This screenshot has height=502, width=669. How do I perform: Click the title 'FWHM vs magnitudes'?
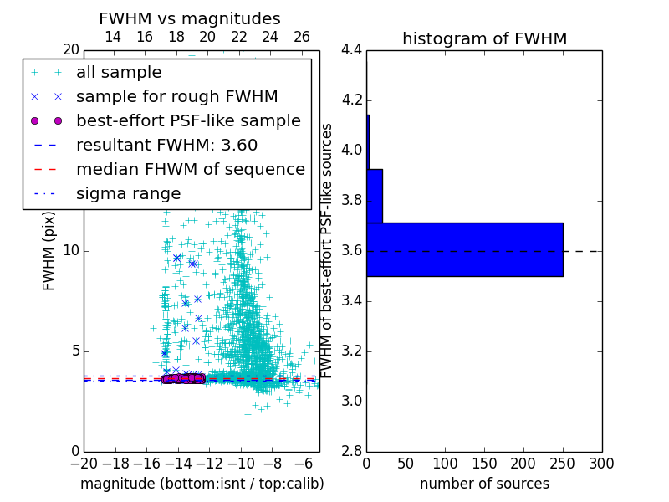[x=190, y=18]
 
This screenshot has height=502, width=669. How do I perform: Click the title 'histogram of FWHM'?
[x=484, y=38]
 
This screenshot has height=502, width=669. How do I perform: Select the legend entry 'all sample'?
[x=119, y=73]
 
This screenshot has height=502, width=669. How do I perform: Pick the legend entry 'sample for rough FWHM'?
[x=176, y=97]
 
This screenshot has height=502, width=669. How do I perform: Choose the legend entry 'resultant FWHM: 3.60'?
[x=166, y=146]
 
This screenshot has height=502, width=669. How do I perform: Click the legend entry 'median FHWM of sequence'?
[x=190, y=170]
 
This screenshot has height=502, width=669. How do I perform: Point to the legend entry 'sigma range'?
[x=128, y=194]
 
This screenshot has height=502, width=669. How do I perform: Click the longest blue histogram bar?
[x=464, y=249]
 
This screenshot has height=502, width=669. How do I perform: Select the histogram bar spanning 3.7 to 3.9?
[x=375, y=196]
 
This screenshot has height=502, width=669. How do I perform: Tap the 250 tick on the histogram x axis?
[x=563, y=463]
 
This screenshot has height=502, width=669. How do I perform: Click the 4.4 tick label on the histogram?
[x=351, y=50]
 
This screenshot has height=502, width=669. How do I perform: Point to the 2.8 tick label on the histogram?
[x=351, y=451]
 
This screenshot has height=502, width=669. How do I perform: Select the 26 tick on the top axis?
[x=302, y=38]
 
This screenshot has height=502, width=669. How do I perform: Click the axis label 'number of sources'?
[x=484, y=484]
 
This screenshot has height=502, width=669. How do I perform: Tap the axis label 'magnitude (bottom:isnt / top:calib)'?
[x=202, y=484]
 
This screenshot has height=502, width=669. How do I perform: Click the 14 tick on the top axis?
[x=113, y=38]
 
